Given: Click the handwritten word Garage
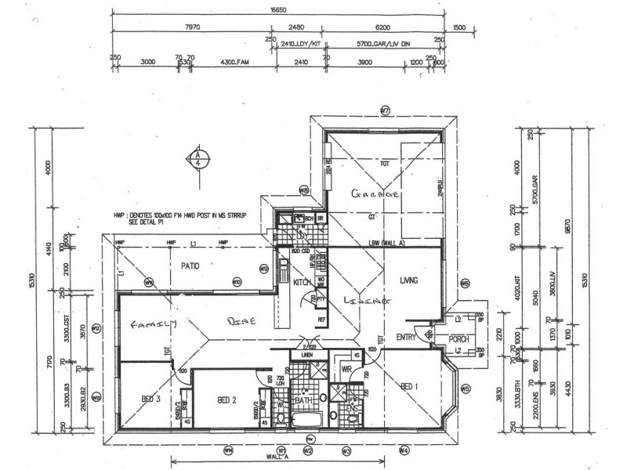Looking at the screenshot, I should coord(375,193).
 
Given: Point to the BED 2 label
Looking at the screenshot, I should coord(227,399).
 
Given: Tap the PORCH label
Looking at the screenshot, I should coord(458,338).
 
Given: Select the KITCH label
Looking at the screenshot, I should coord(303,282).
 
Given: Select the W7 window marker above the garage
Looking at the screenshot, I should coord(384,110).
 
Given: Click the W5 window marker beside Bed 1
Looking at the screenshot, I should coord(465,388).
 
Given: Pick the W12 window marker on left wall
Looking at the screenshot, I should coord(96,328).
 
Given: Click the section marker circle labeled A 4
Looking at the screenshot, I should coord(198,161).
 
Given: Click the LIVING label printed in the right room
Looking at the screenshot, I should coord(408,280).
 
